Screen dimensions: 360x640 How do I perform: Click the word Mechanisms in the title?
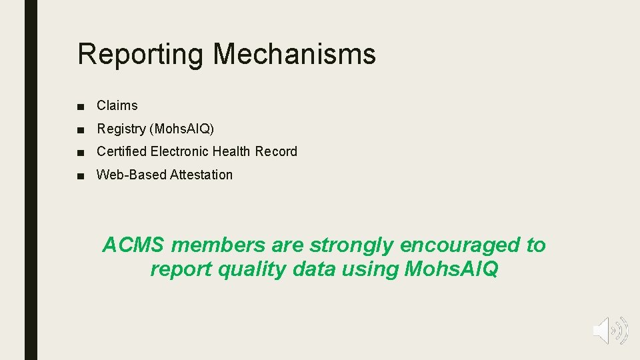click(294, 53)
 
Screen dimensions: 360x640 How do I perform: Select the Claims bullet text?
click(117, 105)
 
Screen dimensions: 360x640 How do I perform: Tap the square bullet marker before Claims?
click(81, 106)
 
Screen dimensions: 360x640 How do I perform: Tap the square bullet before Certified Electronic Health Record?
click(81, 152)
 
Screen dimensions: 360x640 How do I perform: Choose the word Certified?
click(121, 151)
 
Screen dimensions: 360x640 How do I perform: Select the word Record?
click(276, 151)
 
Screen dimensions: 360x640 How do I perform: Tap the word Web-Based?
click(131, 175)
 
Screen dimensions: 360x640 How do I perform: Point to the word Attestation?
click(201, 175)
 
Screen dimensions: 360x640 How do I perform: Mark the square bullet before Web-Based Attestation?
click(81, 175)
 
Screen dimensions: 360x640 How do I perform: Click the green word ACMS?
click(133, 245)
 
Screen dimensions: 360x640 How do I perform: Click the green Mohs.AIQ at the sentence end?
click(450, 269)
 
